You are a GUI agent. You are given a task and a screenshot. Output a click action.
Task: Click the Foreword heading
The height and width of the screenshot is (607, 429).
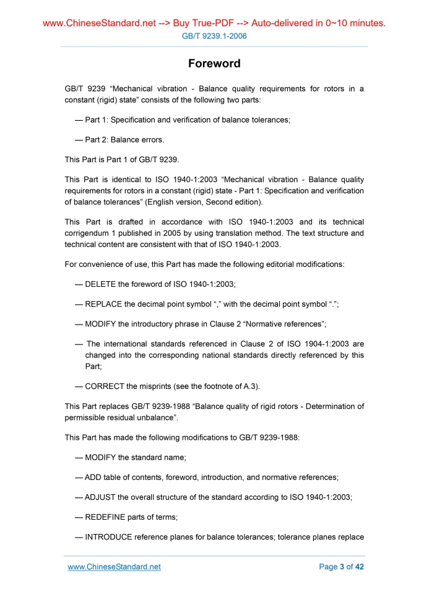(x=214, y=64)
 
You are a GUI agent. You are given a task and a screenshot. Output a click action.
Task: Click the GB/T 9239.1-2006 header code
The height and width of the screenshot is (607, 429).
(x=214, y=37)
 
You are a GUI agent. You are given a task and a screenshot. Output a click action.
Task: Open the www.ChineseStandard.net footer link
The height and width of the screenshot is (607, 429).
(x=114, y=567)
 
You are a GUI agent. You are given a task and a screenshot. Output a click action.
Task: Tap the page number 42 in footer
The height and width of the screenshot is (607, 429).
(x=358, y=567)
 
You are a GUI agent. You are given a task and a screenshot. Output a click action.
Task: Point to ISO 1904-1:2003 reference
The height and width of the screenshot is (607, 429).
(x=319, y=344)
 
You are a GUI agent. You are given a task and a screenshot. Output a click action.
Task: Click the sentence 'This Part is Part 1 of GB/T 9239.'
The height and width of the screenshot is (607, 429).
(x=113, y=159)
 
